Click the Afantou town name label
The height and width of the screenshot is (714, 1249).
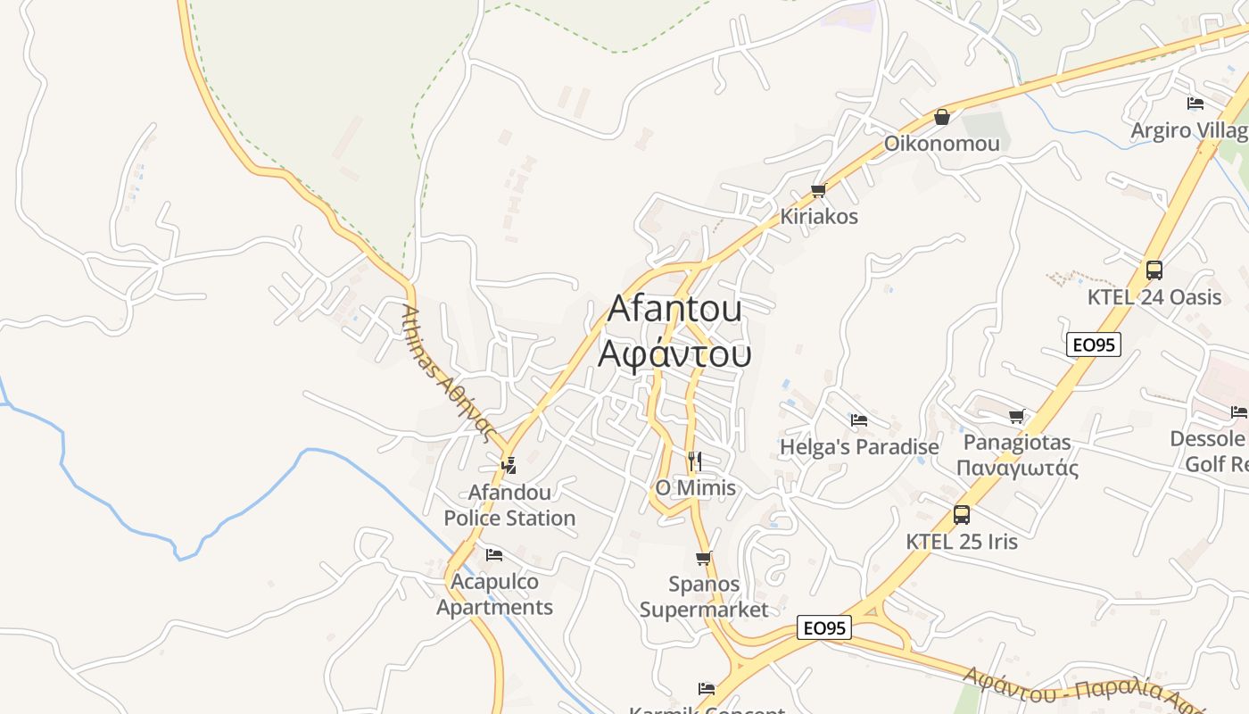[674, 309]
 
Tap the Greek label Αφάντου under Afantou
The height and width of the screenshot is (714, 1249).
[674, 353]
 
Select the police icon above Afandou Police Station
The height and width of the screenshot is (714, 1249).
[509, 465]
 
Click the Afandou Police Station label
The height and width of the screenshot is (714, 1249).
[509, 505]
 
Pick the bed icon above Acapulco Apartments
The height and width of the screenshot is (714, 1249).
[493, 555]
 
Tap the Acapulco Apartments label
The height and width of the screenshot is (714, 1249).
[494, 594]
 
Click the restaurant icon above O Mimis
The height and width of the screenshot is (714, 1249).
[695, 461]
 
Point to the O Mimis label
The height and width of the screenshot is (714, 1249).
[696, 487]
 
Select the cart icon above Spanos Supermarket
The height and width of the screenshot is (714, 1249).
[704, 559]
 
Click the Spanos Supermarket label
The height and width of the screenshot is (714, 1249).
[704, 597]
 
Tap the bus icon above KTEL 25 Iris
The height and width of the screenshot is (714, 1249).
[961, 515]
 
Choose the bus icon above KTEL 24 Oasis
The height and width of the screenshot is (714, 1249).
[1154, 270]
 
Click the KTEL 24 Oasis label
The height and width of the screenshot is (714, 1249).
[1154, 297]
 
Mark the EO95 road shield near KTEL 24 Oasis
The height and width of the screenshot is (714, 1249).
[1094, 345]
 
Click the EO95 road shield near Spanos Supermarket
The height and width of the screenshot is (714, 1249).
[823, 628]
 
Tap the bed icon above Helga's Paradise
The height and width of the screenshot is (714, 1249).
[859, 420]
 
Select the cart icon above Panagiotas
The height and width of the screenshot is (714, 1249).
[1016, 416]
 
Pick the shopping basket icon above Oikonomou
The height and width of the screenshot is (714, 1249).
[941, 117]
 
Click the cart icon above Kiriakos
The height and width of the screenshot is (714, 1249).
[818, 190]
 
